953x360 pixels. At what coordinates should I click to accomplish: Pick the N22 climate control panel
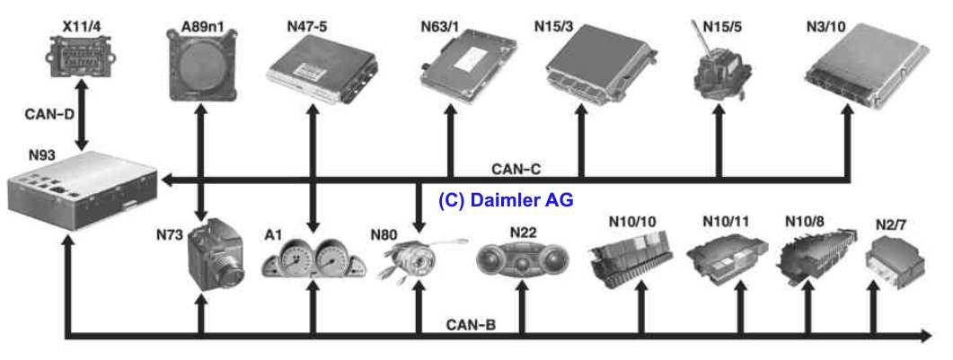coord(522,259)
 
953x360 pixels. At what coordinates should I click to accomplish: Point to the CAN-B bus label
coord(470,324)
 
